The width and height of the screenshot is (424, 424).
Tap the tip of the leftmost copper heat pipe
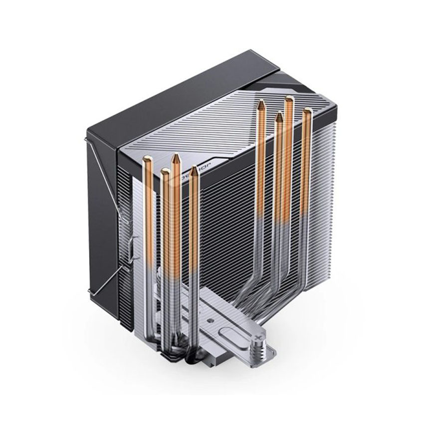click(148, 159)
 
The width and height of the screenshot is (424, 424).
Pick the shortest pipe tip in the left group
click(165, 172)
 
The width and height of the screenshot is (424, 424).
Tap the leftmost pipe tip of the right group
click(261, 103)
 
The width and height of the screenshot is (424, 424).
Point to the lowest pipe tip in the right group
click(279, 115)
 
